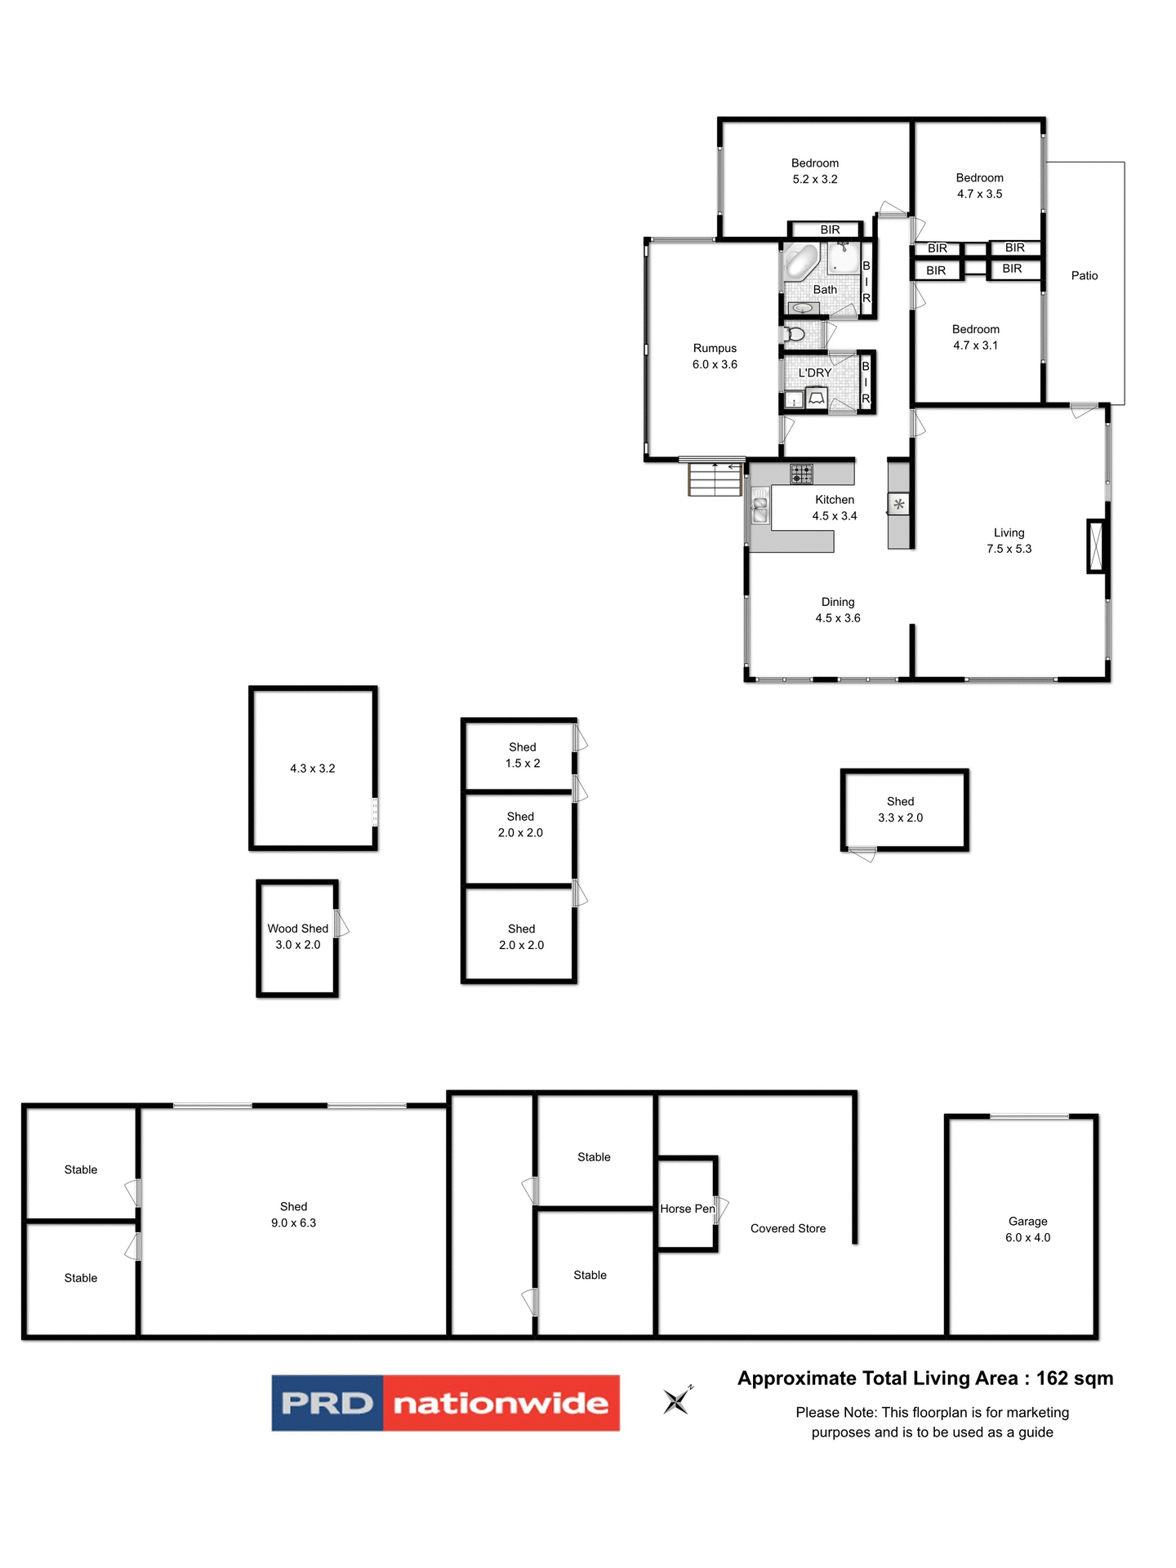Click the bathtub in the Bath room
tap(801, 262)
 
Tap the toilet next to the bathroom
tap(794, 334)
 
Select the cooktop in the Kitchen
tap(801, 473)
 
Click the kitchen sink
tap(759, 507)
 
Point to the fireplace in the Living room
tap(1096, 546)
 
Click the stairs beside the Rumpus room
tap(715, 479)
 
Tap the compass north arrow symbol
tap(677, 1401)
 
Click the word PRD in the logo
tap(327, 1403)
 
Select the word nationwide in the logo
tap(501, 1403)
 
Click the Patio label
tap(1084, 276)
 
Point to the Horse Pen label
tap(687, 1209)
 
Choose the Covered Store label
tap(788, 1228)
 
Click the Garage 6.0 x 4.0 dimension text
tap(1027, 1238)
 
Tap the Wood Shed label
tap(297, 929)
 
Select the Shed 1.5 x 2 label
tap(523, 755)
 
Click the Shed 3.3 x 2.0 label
tap(900, 810)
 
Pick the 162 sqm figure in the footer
tap(1074, 1379)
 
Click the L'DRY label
tap(815, 373)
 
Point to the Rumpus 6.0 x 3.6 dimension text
tap(715, 365)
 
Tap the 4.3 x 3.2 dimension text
tap(312, 768)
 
